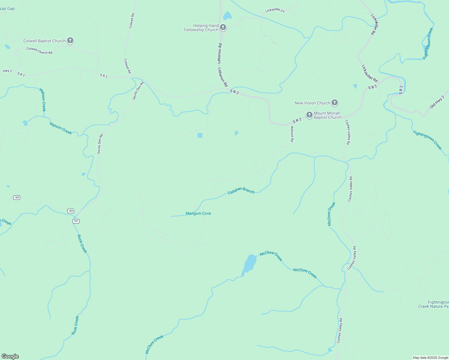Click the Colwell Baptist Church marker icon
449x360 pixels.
pos(70,40)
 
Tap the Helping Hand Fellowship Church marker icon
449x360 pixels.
pos(223,27)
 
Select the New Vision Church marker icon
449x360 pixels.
pos(335,103)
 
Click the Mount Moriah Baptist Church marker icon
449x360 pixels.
pos(309,115)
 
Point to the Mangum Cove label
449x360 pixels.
pos(198,213)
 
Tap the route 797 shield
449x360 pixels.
pos(76,221)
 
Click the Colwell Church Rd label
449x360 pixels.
pos(39,50)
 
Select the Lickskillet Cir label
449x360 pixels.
pos(275,10)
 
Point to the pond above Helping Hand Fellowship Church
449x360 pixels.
pos(228,16)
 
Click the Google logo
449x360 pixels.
pos(10,356)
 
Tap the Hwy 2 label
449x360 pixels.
pos(8,71)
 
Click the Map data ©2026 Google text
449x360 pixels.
pos(430,358)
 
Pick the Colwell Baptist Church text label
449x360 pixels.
pos(44,41)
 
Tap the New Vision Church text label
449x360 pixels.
pos(312,103)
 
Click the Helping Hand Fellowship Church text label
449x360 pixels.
pos(201,28)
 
